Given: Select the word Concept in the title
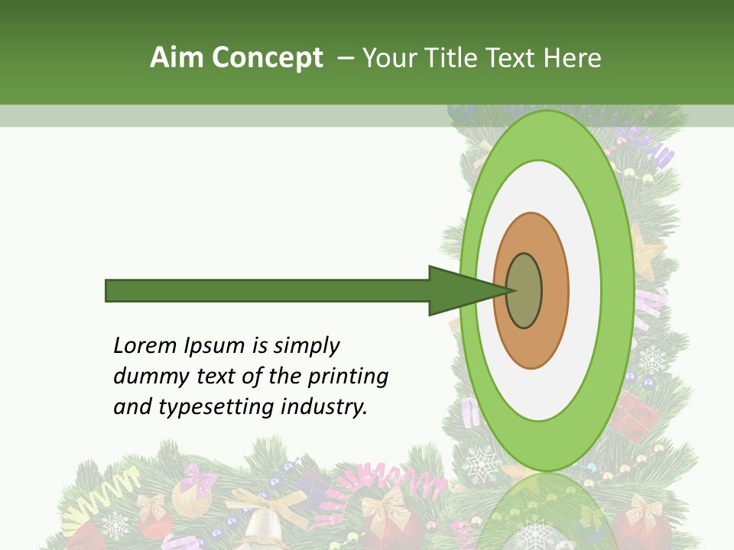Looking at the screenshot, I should click(268, 57).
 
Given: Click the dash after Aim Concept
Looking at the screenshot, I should click(346, 57).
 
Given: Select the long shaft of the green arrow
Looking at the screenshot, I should click(268, 290).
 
